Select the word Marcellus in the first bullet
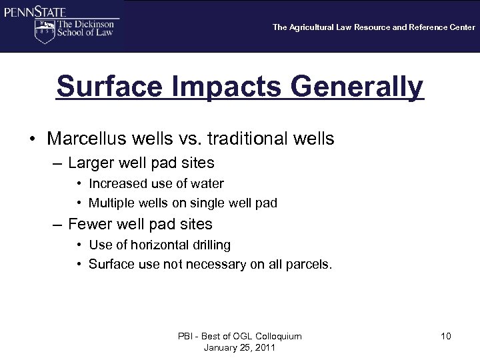point(87,139)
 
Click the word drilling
point(210,245)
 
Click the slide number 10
point(445,336)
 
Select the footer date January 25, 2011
point(239,348)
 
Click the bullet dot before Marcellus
point(32,139)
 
